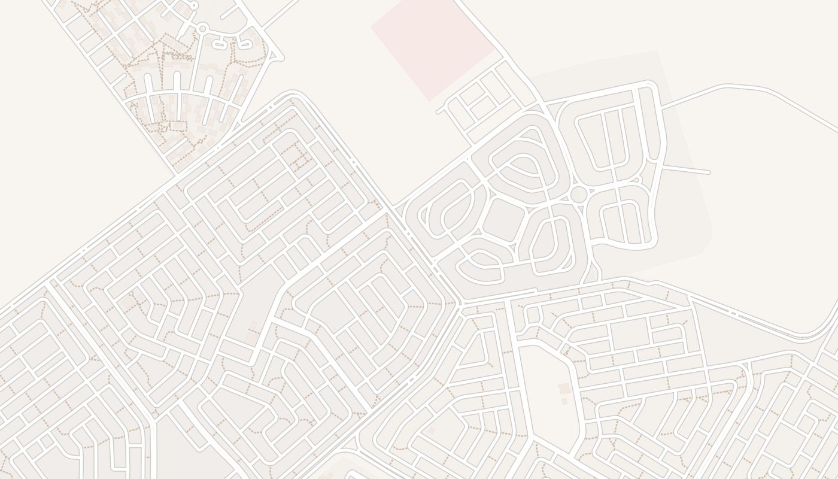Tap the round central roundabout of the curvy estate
pos(579,194)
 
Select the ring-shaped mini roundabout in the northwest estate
pos(202,28)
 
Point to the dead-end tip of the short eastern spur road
pos(709,172)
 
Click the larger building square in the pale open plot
pos(564,389)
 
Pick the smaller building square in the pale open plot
pos(564,401)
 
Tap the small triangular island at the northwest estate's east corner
pos(276,57)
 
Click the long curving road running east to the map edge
pos(748,89)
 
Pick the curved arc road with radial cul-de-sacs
pos(180,94)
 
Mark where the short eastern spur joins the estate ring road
pos(663,166)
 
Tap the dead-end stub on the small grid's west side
pos(441,111)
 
